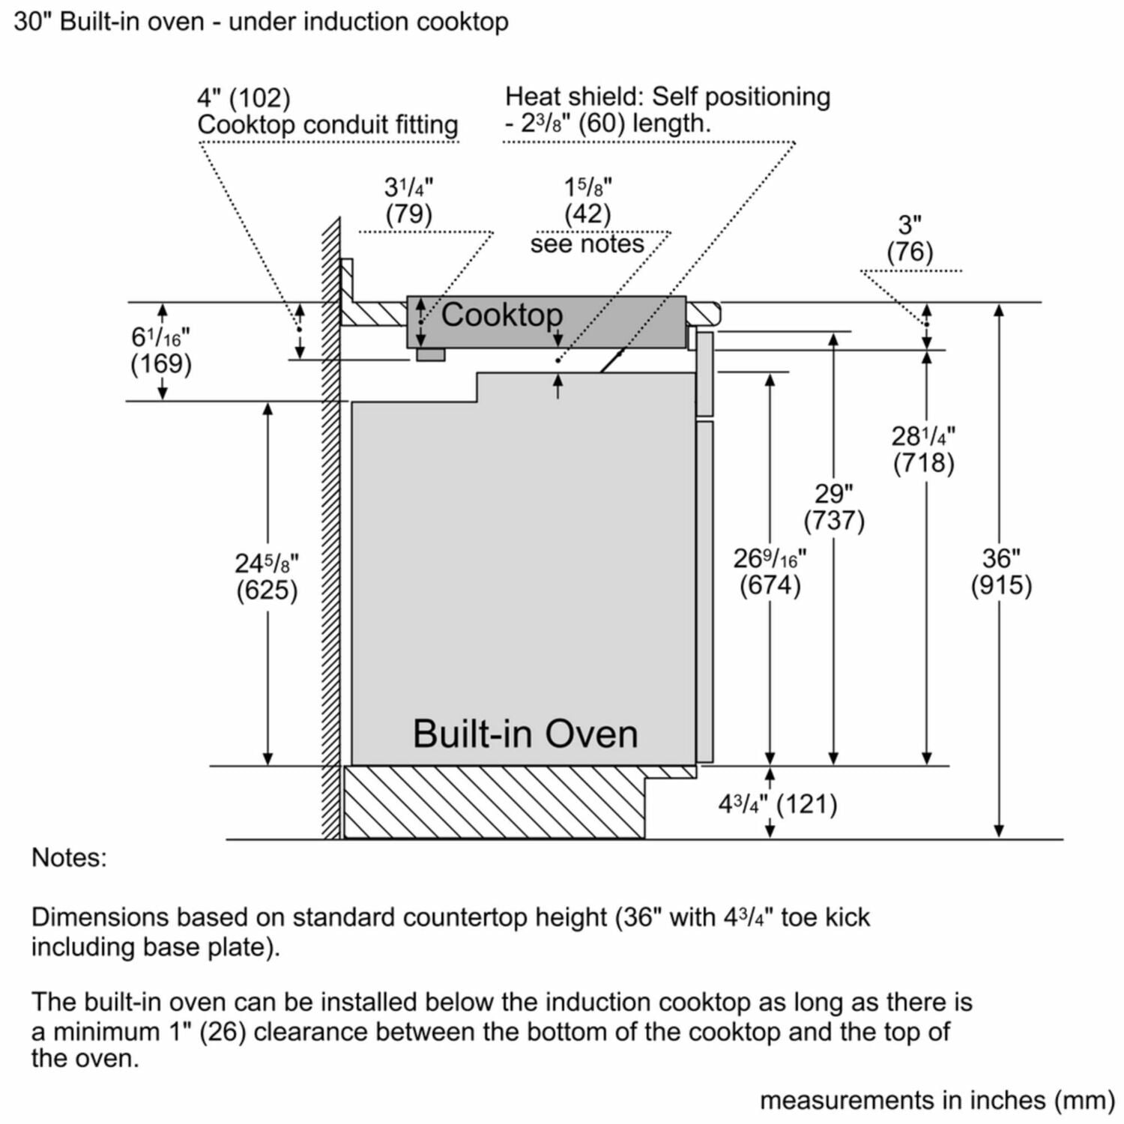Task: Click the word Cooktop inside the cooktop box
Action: coord(501,315)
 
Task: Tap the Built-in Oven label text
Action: coord(525,734)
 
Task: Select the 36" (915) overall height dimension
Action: coord(1001,572)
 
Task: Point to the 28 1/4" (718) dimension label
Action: coord(923,449)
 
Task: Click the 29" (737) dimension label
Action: coord(833,507)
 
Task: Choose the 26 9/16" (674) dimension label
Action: coord(770,572)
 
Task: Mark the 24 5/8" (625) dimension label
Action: coord(267,576)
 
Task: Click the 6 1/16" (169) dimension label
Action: coord(161,351)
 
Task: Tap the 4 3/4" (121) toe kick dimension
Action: coord(778,805)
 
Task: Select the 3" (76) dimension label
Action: coord(910,238)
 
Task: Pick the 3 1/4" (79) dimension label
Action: coord(408,200)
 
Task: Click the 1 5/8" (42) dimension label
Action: coord(587,200)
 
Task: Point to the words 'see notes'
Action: coord(587,244)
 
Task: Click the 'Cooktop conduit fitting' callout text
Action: coord(327,124)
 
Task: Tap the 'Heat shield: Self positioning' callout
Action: coord(667,97)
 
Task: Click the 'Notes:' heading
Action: coord(69,857)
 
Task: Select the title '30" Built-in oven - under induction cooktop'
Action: coord(261,22)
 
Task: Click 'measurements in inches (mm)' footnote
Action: coord(937,1100)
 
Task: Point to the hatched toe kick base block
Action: coord(495,803)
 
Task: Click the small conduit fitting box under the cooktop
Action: coord(430,354)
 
